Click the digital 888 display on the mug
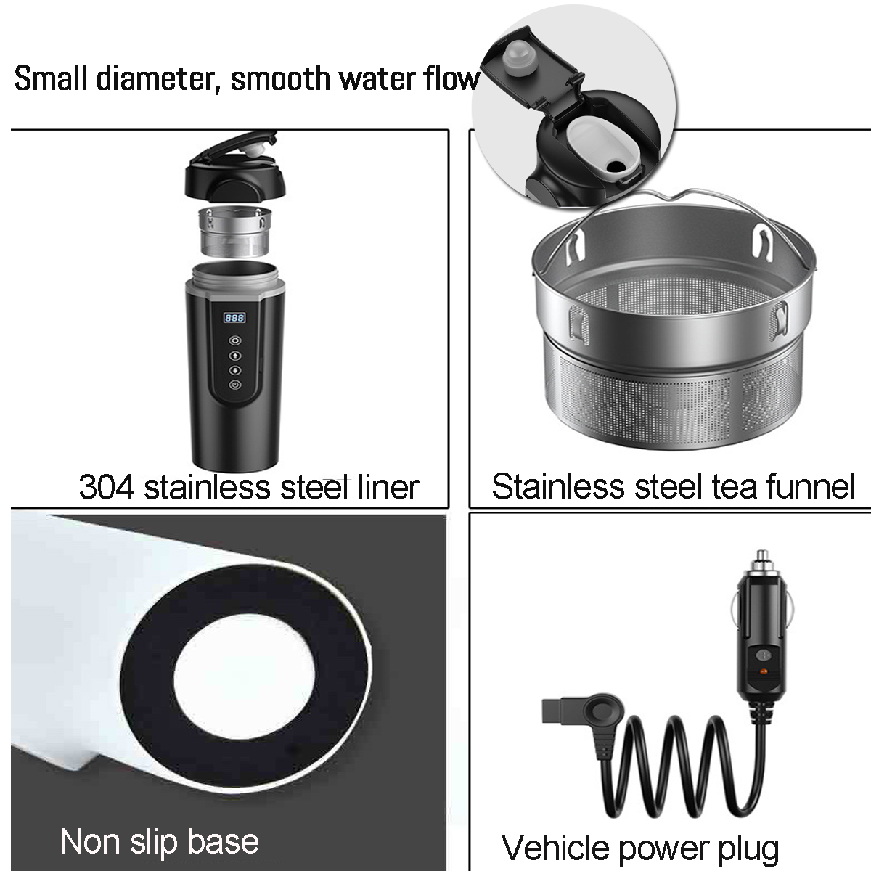point(234,318)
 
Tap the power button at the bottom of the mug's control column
point(234,385)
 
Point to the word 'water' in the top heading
point(379,78)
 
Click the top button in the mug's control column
point(234,340)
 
